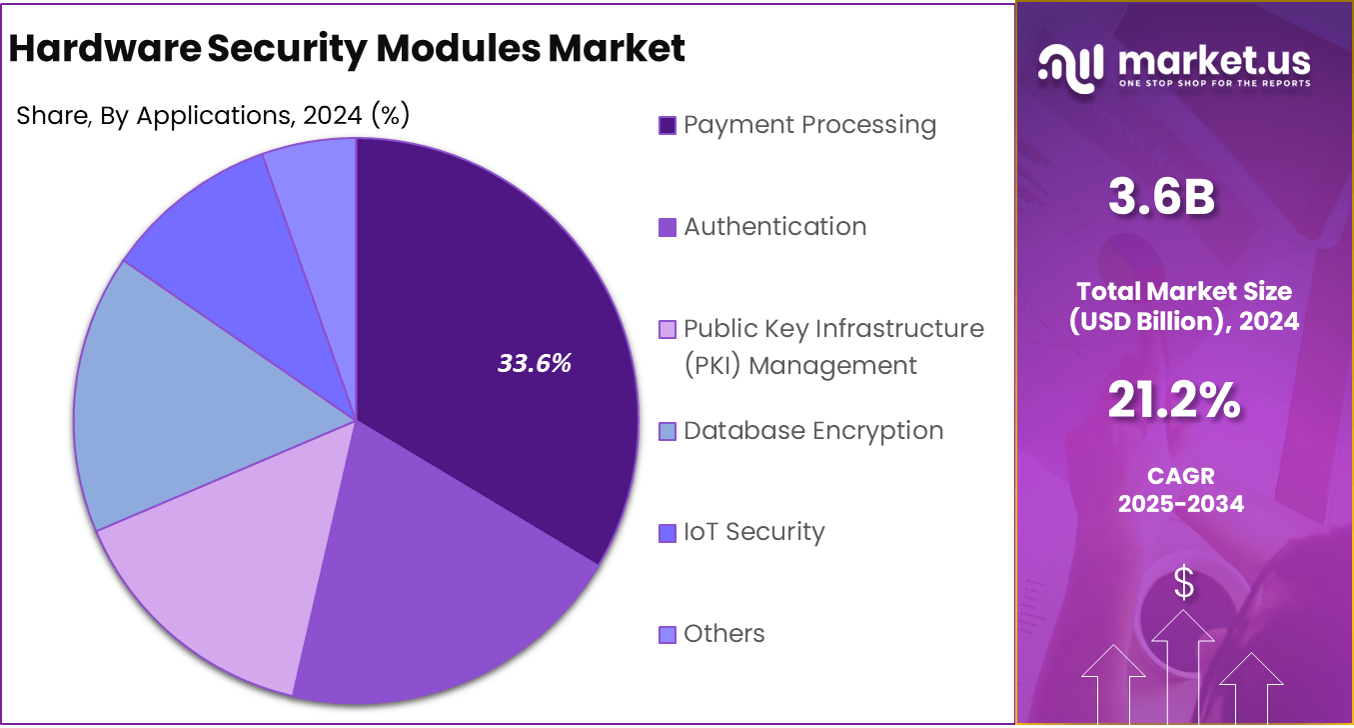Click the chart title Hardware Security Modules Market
tap(347, 48)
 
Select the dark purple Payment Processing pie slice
tap(500, 300)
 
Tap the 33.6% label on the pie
tap(535, 363)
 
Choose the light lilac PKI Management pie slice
tap(220, 570)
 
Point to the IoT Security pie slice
tap(240, 250)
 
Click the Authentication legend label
tap(774, 227)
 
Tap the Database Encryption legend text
tap(813, 431)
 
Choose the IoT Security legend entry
tap(753, 532)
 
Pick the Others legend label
tap(723, 634)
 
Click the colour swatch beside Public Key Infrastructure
tap(668, 329)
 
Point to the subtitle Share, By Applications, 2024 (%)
tap(213, 116)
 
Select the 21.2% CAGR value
tap(1174, 401)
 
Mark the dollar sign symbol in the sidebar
tap(1183, 582)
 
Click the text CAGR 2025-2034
tap(1180, 490)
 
